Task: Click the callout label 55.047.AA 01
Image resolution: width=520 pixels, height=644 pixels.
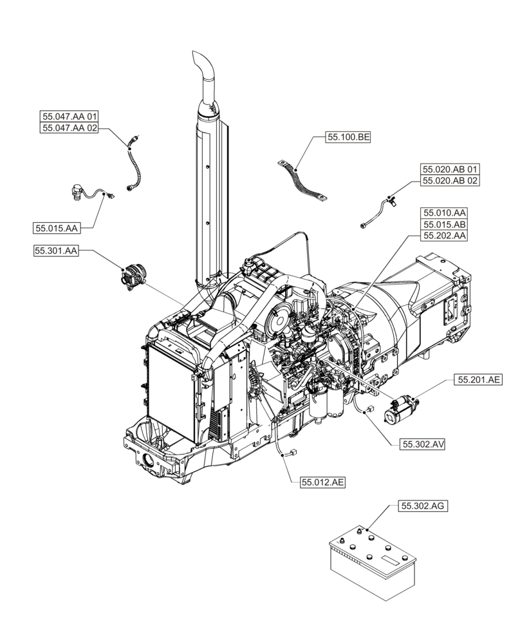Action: coord(70,117)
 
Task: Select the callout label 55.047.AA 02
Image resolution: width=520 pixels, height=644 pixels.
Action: coord(70,128)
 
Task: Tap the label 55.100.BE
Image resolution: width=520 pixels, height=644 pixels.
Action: coord(348,137)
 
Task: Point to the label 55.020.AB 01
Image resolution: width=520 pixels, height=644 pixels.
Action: coord(450,169)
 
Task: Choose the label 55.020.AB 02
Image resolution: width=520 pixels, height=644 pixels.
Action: coord(450,181)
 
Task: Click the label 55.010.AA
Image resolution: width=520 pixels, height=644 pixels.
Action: coord(444,213)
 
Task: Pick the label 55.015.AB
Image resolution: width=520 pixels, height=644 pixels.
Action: coord(444,224)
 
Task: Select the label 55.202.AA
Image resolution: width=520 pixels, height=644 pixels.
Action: coord(444,236)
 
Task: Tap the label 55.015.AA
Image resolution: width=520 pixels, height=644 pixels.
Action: coord(57,228)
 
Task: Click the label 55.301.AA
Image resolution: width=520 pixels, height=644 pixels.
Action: coord(57,251)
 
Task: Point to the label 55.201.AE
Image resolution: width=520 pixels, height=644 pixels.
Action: coord(479,381)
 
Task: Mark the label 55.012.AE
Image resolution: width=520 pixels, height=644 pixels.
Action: coord(322,482)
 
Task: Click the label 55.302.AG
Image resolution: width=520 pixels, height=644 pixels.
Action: coord(423,507)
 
